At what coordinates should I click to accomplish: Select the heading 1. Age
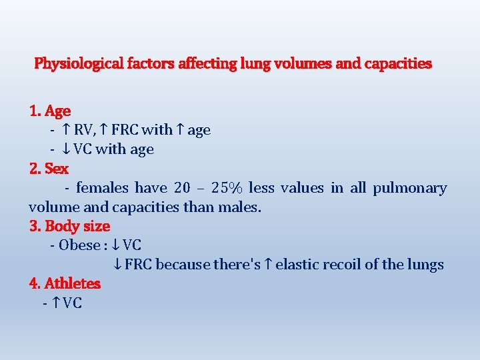click(50, 111)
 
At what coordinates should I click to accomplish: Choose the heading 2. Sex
click(49, 168)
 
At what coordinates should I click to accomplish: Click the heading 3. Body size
click(69, 226)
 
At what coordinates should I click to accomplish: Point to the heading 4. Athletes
click(65, 283)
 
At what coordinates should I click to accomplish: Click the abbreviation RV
click(83, 130)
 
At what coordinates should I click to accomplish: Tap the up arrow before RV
click(66, 130)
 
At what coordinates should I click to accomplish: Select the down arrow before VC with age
click(66, 149)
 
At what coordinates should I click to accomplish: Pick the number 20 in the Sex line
click(181, 188)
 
